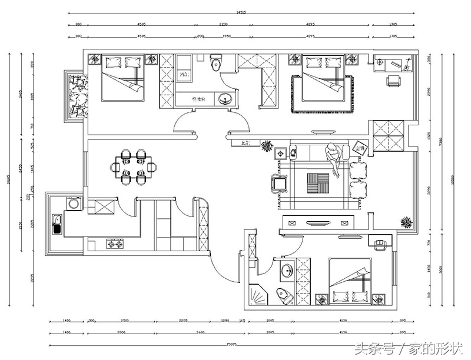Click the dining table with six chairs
(134, 168)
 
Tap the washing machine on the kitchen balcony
(74, 204)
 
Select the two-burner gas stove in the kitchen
(114, 244)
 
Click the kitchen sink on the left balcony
(57, 225)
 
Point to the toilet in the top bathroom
(215, 61)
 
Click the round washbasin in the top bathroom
(224, 99)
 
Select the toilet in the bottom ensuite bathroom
(285, 296)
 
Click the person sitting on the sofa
(334, 158)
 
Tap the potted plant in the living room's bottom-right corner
(406, 222)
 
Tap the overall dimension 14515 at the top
(241, 11)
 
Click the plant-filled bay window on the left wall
(77, 96)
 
